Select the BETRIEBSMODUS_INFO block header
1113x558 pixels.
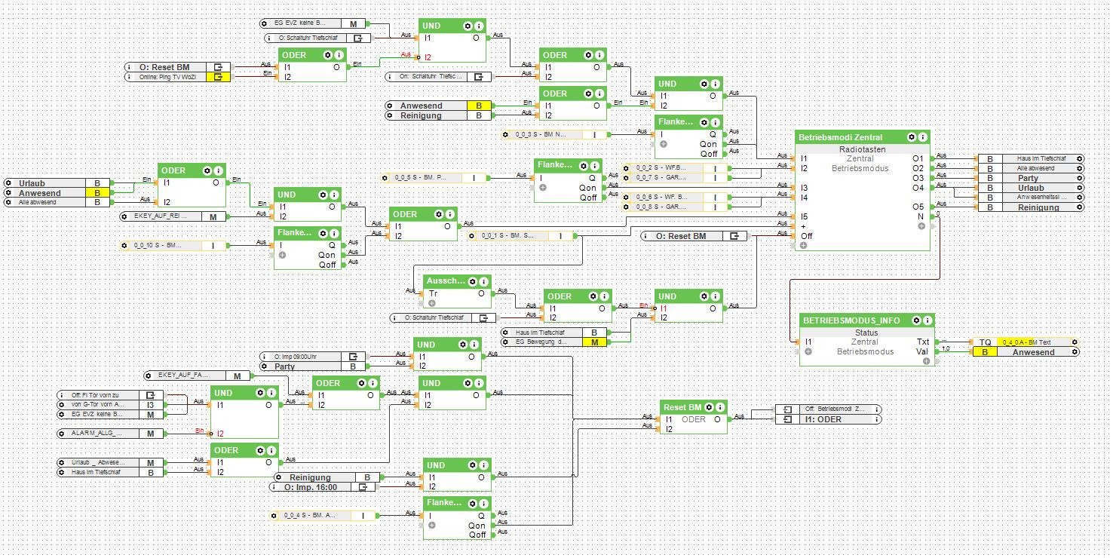point(851,320)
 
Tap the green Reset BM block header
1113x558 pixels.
point(683,407)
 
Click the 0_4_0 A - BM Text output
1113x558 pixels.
point(1026,342)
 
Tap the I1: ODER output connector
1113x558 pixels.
point(827,419)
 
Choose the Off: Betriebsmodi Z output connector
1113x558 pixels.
point(827,409)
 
